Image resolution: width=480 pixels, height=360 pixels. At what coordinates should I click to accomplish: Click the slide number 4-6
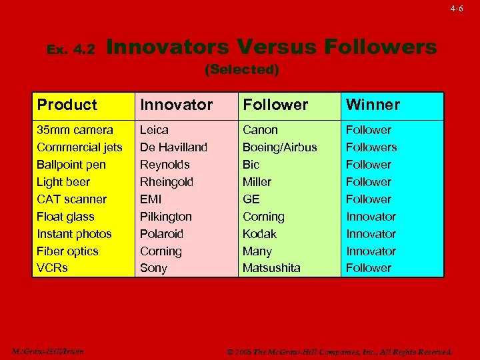pos(456,9)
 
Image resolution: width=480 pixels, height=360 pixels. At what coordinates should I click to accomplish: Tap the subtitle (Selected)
pos(241,69)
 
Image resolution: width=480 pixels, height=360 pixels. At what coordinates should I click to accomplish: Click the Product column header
pos(67,105)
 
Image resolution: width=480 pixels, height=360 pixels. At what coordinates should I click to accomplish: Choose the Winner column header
pos(372,105)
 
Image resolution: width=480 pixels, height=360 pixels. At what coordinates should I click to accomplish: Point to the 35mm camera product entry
pos(75,129)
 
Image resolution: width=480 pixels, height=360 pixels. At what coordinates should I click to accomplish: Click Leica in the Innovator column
pos(154,129)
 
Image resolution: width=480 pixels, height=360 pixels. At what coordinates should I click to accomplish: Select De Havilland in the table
pos(173,147)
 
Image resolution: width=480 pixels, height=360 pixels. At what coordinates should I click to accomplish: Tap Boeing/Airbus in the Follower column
pos(279,147)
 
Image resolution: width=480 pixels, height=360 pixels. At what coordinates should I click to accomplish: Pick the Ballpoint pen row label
pos(71,164)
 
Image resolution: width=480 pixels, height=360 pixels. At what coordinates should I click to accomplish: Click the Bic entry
pos(251,164)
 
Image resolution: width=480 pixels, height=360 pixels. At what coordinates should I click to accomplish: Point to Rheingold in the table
pos(167,181)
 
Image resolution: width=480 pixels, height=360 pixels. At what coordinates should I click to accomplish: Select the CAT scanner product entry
pos(71,199)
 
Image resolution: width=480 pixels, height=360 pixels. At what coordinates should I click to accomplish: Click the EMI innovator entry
pos(151,199)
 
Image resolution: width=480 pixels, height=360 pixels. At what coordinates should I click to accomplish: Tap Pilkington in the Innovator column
pos(165,216)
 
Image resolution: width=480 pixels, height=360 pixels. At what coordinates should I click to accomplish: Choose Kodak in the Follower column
pos(259,233)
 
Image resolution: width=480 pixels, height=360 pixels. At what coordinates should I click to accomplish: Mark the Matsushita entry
pos(271,267)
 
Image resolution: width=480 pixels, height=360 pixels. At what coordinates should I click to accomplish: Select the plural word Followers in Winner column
pos(371,147)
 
